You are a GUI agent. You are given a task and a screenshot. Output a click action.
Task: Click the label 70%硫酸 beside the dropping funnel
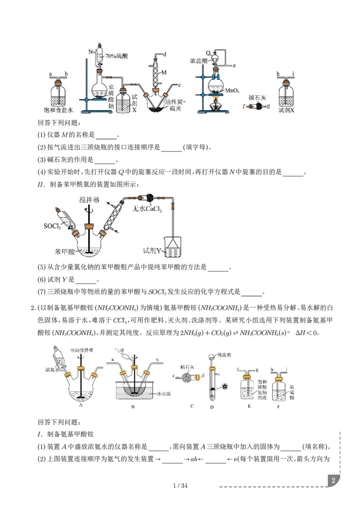(117, 56)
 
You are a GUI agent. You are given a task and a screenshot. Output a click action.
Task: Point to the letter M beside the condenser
(164, 72)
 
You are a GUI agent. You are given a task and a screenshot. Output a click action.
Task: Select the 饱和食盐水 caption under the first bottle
(58, 109)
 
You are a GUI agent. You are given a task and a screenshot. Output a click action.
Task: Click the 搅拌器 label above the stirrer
(89, 199)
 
